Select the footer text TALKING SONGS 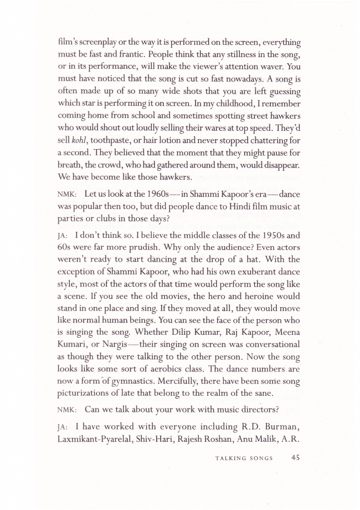(x=246, y=458)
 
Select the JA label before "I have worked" (x=62, y=414)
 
